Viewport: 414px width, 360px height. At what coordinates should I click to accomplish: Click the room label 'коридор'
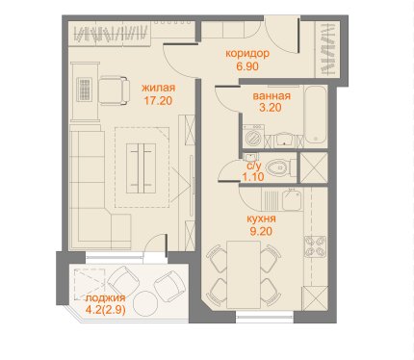247,53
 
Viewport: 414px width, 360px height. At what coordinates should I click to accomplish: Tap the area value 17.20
158,101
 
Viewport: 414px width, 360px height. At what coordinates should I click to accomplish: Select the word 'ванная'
272,96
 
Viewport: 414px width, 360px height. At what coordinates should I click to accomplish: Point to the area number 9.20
261,231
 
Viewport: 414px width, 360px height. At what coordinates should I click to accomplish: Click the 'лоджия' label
105,298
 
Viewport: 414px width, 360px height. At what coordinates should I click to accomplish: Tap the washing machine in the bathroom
254,137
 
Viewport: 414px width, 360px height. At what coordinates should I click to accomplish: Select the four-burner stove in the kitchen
315,246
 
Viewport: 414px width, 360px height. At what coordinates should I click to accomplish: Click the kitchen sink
292,199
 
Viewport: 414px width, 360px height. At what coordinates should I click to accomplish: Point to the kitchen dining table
244,274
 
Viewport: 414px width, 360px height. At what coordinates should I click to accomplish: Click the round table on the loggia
146,303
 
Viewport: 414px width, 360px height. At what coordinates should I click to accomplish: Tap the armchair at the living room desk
114,90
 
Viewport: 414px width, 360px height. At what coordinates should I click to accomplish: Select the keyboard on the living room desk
84,90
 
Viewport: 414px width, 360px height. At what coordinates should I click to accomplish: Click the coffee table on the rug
141,168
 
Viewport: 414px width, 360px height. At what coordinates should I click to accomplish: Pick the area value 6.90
247,66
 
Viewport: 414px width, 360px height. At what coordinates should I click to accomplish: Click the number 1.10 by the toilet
253,176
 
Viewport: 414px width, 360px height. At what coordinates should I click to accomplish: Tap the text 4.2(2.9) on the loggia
105,310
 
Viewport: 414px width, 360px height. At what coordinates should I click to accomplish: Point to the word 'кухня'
261,219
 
